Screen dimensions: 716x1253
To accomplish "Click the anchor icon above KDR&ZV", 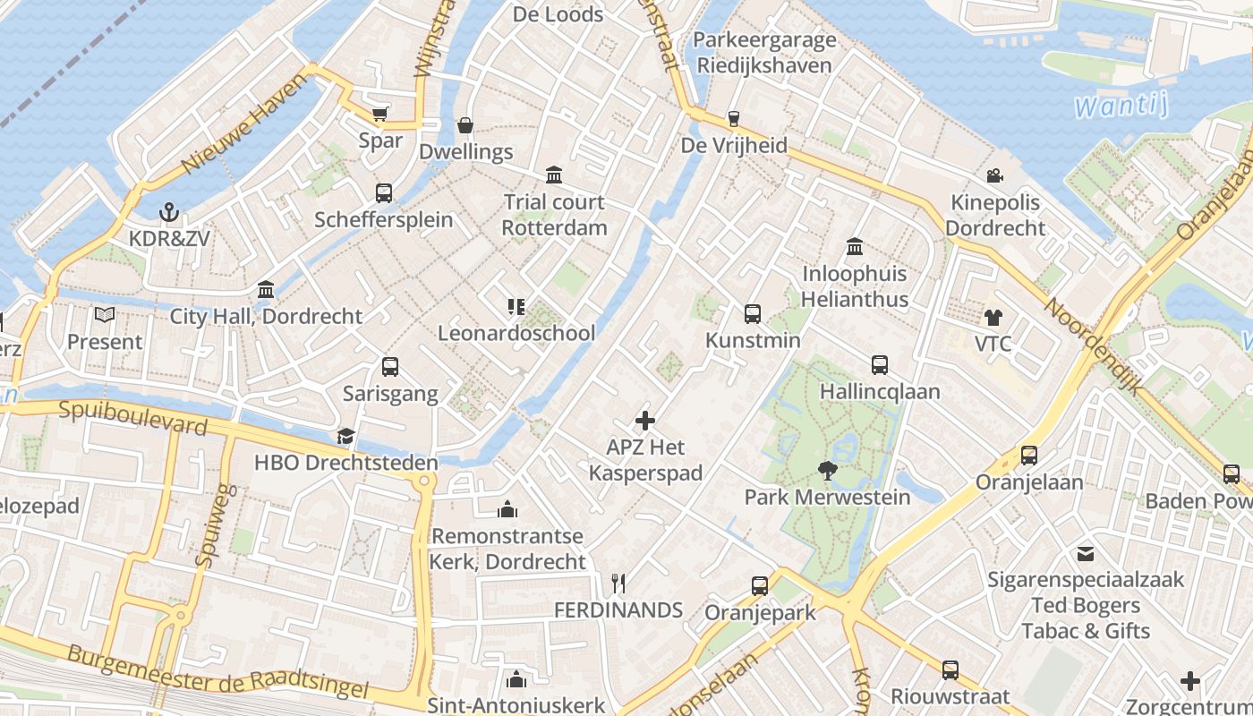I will [x=168, y=212].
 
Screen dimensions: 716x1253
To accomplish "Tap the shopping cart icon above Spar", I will [x=380, y=114].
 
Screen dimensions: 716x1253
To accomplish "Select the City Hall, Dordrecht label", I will [x=267, y=316].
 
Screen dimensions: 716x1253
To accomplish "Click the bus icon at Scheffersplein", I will [x=384, y=192].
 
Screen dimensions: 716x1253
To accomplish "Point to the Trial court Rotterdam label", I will [x=554, y=215].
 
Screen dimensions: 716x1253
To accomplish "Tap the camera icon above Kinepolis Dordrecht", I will [x=994, y=175].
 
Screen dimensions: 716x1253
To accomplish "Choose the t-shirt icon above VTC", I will [x=993, y=317].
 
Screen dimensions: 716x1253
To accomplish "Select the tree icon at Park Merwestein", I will [x=827, y=469].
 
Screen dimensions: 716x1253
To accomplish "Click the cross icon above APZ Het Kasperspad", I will [x=644, y=420].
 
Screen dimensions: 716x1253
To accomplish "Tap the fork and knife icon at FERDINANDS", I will [x=618, y=584].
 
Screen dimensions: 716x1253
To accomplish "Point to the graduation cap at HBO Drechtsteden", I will [x=345, y=436].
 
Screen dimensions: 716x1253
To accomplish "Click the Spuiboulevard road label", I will [x=133, y=417].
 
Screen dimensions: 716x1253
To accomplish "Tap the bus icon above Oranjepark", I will [x=760, y=586].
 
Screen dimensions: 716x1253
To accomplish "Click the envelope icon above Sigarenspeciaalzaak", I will [x=1086, y=554].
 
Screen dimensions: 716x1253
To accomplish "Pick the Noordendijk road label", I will [x=1095, y=345].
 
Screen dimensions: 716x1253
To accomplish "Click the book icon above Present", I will [x=105, y=315].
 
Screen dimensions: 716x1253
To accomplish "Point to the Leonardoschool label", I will [x=516, y=333].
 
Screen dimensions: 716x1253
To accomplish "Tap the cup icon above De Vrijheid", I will [x=734, y=119].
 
